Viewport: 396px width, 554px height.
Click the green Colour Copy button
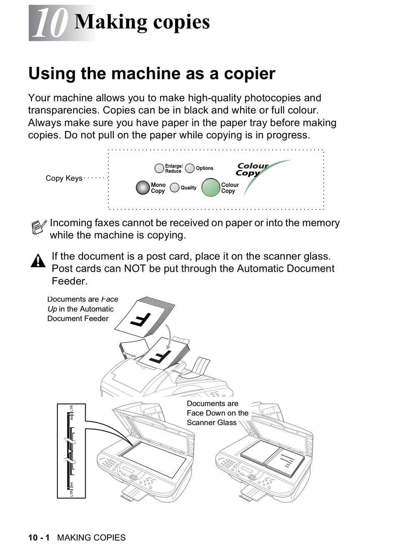click(x=211, y=187)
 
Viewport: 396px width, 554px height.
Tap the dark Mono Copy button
click(x=143, y=188)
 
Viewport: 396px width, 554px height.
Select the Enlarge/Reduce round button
click(x=159, y=168)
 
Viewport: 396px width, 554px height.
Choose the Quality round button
click(x=175, y=188)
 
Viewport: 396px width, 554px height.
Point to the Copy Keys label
click(x=64, y=178)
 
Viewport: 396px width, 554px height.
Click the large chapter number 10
click(x=50, y=23)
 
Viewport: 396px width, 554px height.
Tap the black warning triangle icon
click(x=38, y=261)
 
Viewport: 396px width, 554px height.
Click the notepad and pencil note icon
click(x=39, y=227)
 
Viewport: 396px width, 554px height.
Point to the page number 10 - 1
click(x=39, y=538)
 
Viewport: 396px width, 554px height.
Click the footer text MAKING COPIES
click(x=91, y=538)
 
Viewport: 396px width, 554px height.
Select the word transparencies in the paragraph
click(x=63, y=110)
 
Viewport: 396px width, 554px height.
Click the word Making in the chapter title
click(x=111, y=22)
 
